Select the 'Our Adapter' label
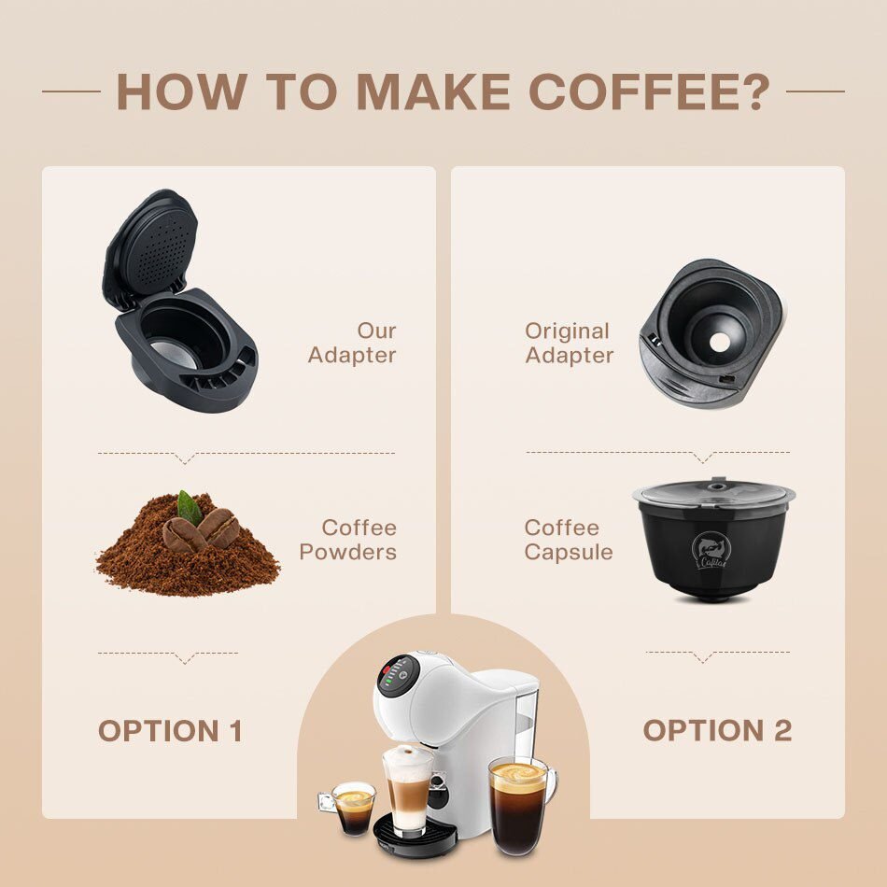click(352, 343)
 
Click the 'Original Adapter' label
click(569, 343)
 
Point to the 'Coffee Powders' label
click(348, 540)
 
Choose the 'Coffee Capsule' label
click(569, 540)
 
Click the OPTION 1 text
click(170, 731)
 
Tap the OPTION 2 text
click(717, 731)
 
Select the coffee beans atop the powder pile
click(203, 530)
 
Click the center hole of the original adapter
click(718, 342)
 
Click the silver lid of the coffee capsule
click(713, 493)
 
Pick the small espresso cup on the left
click(354, 808)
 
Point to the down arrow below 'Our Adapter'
click(186, 458)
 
